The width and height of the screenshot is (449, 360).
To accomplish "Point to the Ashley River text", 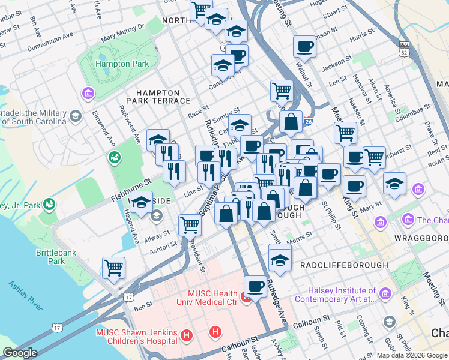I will [25, 295].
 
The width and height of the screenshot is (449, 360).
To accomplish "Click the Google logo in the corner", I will [20, 353].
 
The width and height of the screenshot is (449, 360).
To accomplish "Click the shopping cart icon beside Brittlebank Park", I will [113, 268].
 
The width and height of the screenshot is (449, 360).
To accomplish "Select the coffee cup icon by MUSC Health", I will [255, 286].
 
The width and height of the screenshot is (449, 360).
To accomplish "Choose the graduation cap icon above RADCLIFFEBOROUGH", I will [280, 259].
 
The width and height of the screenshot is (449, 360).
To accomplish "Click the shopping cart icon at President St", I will [190, 225].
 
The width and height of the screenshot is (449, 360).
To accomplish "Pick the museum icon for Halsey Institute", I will [385, 295].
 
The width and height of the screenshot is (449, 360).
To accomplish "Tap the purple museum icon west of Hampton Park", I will [88, 94].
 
